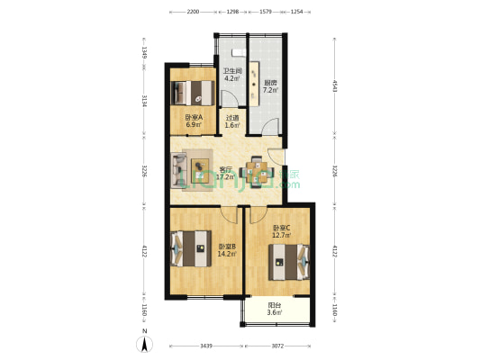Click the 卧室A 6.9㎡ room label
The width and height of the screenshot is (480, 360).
(192, 121)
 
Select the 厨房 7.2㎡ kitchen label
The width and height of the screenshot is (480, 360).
(270, 86)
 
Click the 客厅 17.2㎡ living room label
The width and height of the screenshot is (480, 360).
(226, 173)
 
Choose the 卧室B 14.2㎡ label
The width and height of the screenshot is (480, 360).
(226, 249)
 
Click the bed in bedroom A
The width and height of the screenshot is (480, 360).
(192, 91)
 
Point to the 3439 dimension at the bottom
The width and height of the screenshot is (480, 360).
(207, 346)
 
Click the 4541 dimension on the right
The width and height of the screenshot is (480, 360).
(334, 86)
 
